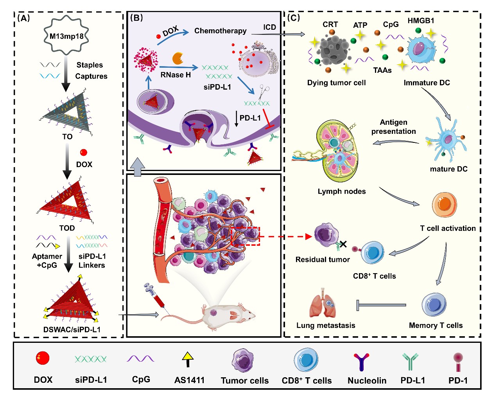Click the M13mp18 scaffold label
tap(66, 36)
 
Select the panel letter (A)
tap(23, 18)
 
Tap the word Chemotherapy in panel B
tap(220, 31)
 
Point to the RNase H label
tap(176, 75)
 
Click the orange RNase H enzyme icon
tap(178, 58)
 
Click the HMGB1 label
tap(421, 21)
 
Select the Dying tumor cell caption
tap(336, 83)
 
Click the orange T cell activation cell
tap(445, 204)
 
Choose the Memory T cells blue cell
tap(434, 304)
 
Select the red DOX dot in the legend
tap(43, 358)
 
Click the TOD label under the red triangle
tap(67, 228)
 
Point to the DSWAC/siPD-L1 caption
tap(72, 330)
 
